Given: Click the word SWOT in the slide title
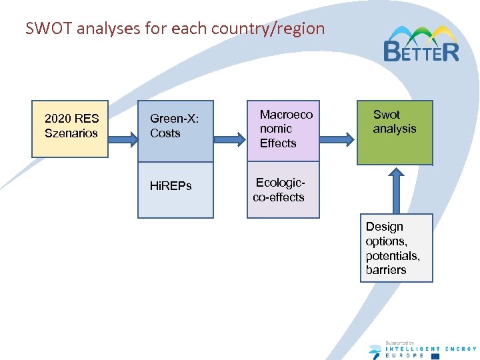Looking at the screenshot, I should click(x=47, y=29).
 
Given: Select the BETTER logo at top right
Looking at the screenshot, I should click(x=421, y=45).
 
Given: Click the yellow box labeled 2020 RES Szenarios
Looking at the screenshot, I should click(x=70, y=129).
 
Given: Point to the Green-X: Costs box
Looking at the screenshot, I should click(x=175, y=131).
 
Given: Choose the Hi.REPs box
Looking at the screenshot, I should click(x=175, y=189).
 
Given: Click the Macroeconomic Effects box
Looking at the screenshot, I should click(x=283, y=131).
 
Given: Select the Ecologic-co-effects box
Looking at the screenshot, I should click(x=283, y=190).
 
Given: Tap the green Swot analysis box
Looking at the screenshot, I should click(x=395, y=132).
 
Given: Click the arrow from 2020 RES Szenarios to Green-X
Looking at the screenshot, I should click(x=123, y=139).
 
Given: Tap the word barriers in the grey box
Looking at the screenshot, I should click(x=386, y=270).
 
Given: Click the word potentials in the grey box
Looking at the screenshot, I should click(x=392, y=256).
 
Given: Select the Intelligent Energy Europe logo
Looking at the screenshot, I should click(x=422, y=349).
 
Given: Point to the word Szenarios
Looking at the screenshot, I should click(x=71, y=133).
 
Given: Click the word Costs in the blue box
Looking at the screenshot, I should click(x=165, y=133).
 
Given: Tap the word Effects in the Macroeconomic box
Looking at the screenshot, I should click(x=278, y=143).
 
